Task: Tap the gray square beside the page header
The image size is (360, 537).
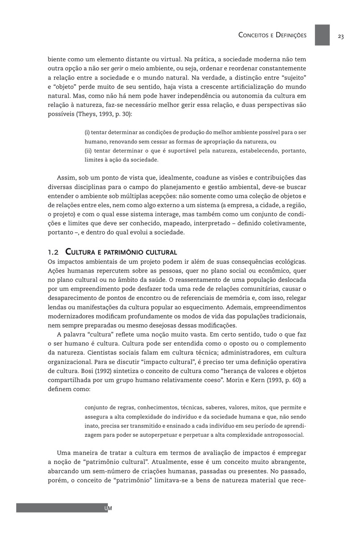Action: [x=322, y=35]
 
